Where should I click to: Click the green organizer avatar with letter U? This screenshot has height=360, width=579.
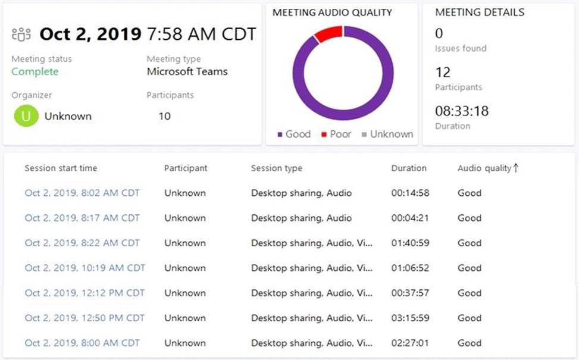(x=26, y=116)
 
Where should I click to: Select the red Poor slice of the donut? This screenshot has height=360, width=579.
(x=328, y=34)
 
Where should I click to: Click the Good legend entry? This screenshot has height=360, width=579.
(x=294, y=134)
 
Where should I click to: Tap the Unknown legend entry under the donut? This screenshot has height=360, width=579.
(x=387, y=134)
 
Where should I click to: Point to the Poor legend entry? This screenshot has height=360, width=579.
(x=336, y=134)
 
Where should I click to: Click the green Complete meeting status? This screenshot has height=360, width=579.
(x=35, y=71)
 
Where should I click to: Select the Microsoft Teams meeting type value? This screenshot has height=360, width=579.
(x=187, y=71)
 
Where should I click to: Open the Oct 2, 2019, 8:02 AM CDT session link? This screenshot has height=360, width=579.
(x=82, y=193)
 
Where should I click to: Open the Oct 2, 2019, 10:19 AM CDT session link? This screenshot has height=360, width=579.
(x=84, y=268)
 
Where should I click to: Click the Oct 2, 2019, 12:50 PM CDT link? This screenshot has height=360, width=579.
(x=84, y=318)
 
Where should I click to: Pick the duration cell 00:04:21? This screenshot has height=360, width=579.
(x=410, y=218)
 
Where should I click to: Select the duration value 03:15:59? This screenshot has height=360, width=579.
(x=410, y=318)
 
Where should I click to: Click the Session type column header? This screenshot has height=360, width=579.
(x=276, y=168)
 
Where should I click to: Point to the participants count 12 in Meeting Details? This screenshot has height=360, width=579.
(x=443, y=73)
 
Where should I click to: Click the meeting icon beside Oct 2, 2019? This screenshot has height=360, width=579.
(x=21, y=35)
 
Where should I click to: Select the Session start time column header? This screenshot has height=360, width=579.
(x=61, y=168)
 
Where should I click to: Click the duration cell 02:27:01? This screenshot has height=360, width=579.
(x=410, y=343)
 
